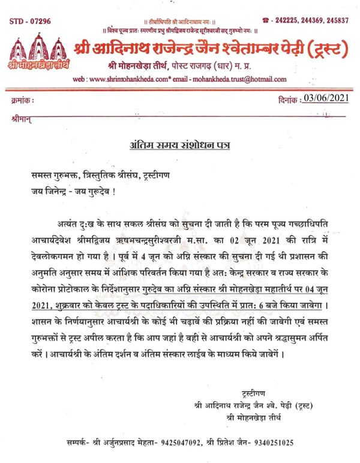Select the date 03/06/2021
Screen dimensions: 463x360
click(325, 97)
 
